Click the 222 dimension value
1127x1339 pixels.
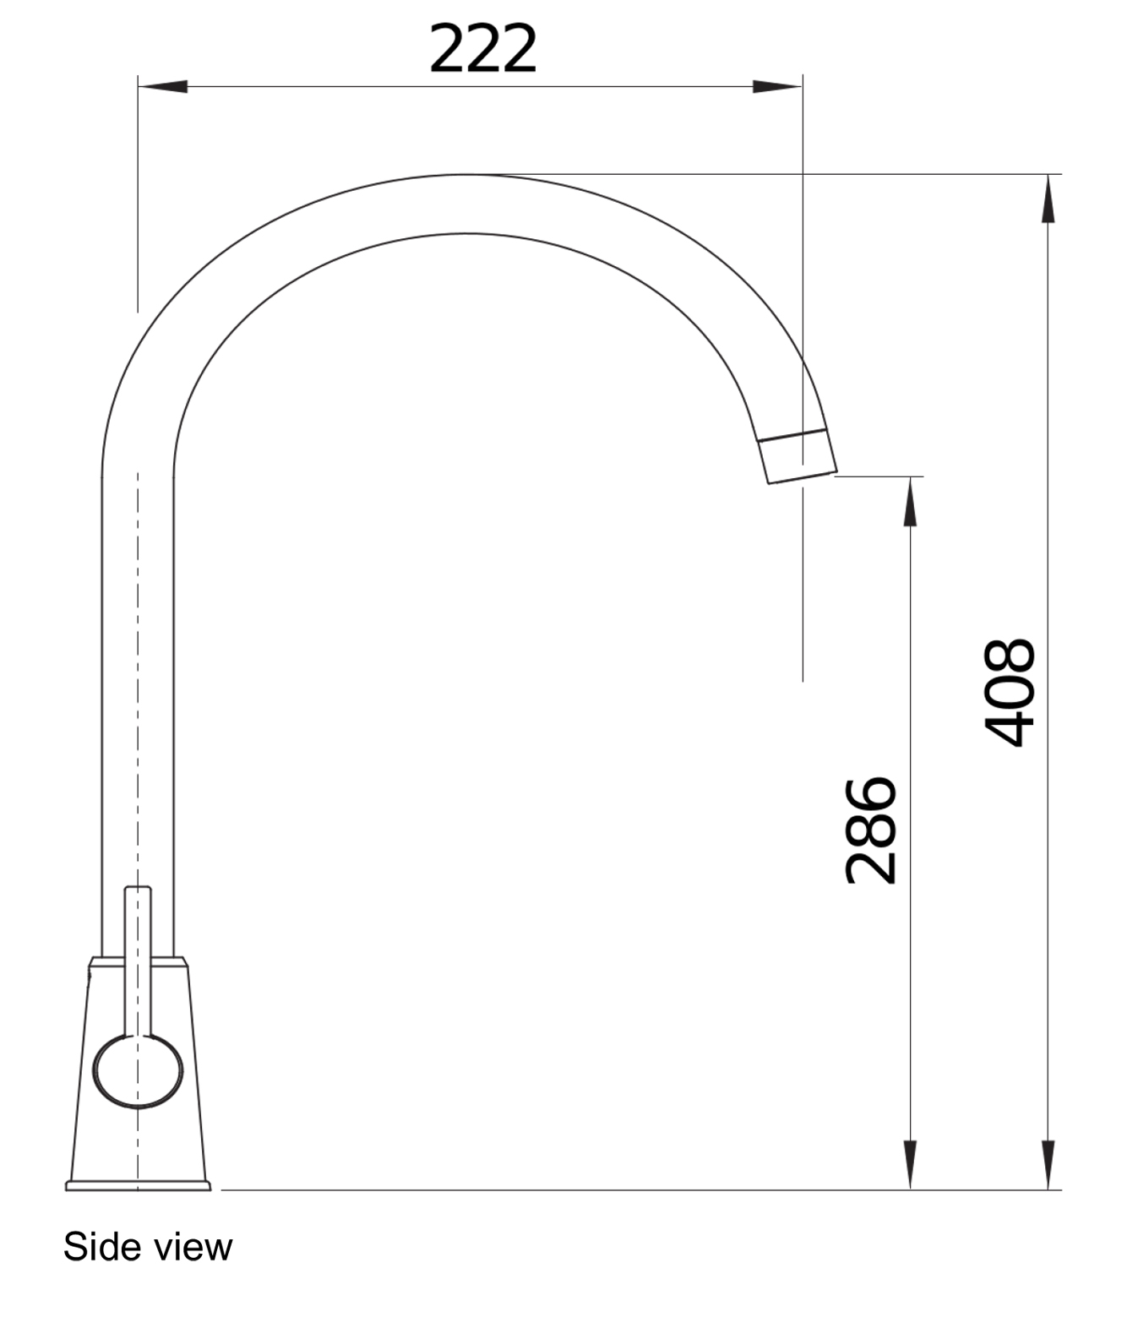tap(482, 49)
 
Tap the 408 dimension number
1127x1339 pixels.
tap(1010, 693)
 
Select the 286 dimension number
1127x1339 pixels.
tap(871, 830)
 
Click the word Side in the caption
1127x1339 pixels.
tap(95, 1247)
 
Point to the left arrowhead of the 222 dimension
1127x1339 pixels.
tap(162, 86)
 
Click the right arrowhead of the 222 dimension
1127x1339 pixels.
tap(777, 86)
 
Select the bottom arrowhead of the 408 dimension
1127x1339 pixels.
tap(1048, 1166)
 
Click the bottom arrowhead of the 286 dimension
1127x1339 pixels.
tap(910, 1166)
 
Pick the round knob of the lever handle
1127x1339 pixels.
tap(138, 1071)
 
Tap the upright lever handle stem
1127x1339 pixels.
tap(138, 955)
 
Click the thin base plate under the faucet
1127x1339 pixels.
tap(138, 1186)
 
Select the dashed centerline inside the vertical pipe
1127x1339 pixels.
tap(138, 676)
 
